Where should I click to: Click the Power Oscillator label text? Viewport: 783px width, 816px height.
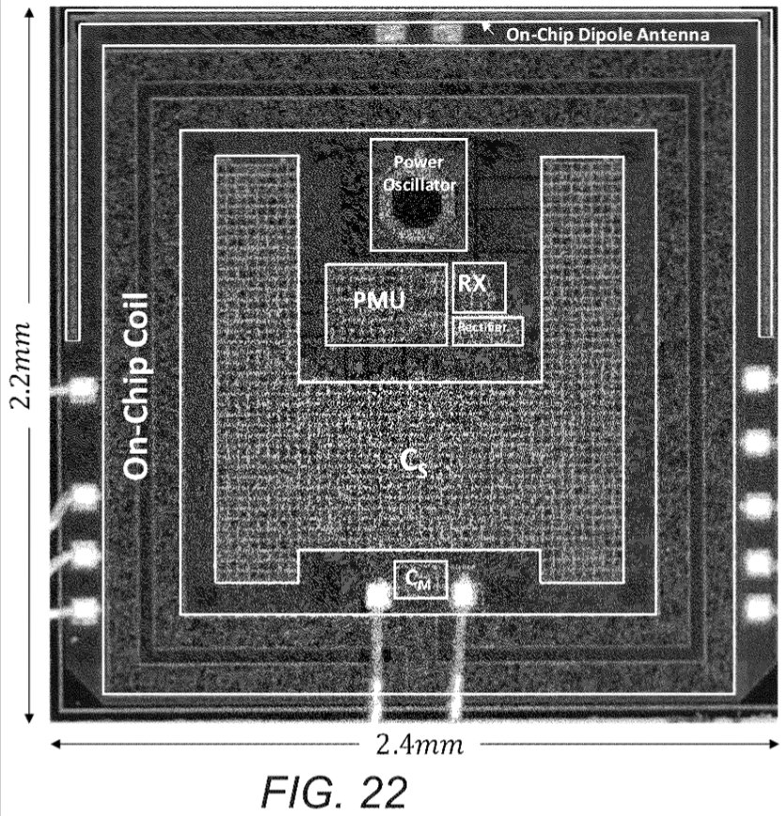(418, 174)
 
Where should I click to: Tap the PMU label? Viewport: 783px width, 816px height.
(378, 302)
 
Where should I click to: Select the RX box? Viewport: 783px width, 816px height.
(479, 286)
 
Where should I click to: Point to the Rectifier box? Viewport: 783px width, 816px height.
(487, 330)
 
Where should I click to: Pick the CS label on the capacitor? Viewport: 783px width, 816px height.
(414, 462)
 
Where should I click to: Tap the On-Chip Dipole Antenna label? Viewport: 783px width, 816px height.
(606, 36)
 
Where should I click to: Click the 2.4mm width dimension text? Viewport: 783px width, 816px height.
(419, 746)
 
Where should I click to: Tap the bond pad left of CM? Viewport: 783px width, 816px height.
(377, 595)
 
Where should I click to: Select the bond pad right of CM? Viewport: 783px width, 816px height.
(466, 594)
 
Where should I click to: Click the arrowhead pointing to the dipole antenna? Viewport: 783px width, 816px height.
(487, 26)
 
